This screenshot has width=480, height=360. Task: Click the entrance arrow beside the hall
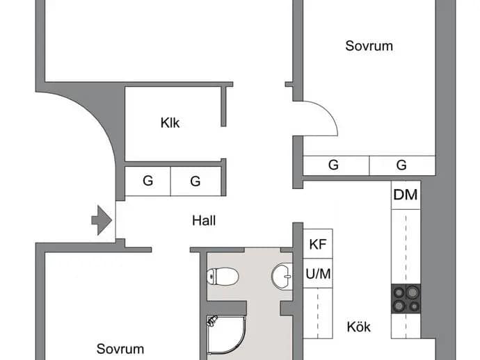(x=102, y=220)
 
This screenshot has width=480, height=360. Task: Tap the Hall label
(x=204, y=220)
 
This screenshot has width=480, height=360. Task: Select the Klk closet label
(x=170, y=122)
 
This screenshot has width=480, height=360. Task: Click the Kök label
(x=358, y=327)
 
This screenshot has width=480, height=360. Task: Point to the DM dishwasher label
(x=406, y=195)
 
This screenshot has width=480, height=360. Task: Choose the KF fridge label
(x=318, y=244)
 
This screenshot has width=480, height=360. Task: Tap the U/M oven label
(x=318, y=274)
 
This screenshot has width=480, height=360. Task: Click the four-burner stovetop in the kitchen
(x=406, y=299)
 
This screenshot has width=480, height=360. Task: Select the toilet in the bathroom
(x=223, y=277)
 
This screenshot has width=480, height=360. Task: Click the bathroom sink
(x=282, y=276)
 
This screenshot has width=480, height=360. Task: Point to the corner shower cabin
(x=227, y=335)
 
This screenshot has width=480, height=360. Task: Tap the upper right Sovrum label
(x=369, y=46)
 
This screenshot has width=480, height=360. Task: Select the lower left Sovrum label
(x=120, y=349)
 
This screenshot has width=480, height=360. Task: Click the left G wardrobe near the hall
(x=148, y=181)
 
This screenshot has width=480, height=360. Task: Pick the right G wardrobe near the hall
(x=195, y=181)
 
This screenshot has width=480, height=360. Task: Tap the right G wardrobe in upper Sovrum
(x=402, y=165)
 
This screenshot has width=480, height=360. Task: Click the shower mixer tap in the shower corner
(x=211, y=320)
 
